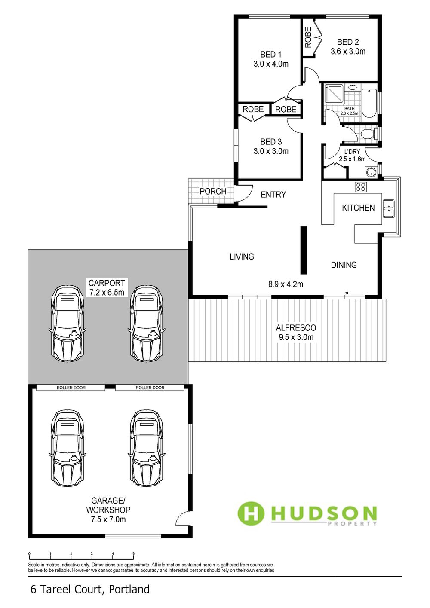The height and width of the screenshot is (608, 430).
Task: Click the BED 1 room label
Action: coord(271,54)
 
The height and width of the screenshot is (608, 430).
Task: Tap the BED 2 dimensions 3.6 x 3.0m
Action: coord(348,51)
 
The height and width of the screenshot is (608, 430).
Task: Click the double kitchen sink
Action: coord(389,208)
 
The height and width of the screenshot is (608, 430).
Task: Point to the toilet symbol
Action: coord(369,134)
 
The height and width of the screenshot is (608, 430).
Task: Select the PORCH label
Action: coord(213,191)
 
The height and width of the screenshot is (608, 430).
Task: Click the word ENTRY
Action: coord(273,194)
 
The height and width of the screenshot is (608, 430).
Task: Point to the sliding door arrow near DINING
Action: coord(354,293)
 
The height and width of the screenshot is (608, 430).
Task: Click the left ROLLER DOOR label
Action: coord(71,388)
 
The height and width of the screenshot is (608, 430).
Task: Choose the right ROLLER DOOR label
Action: coord(150,388)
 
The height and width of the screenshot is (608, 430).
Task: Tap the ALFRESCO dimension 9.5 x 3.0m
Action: coord(296,337)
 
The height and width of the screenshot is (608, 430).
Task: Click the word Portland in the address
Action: coord(129,589)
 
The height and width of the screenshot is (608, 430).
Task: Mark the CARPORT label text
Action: coord(107,283)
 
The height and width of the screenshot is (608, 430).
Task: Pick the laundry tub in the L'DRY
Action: coord(370,172)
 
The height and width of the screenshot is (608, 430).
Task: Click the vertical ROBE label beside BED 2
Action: coord(308,37)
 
